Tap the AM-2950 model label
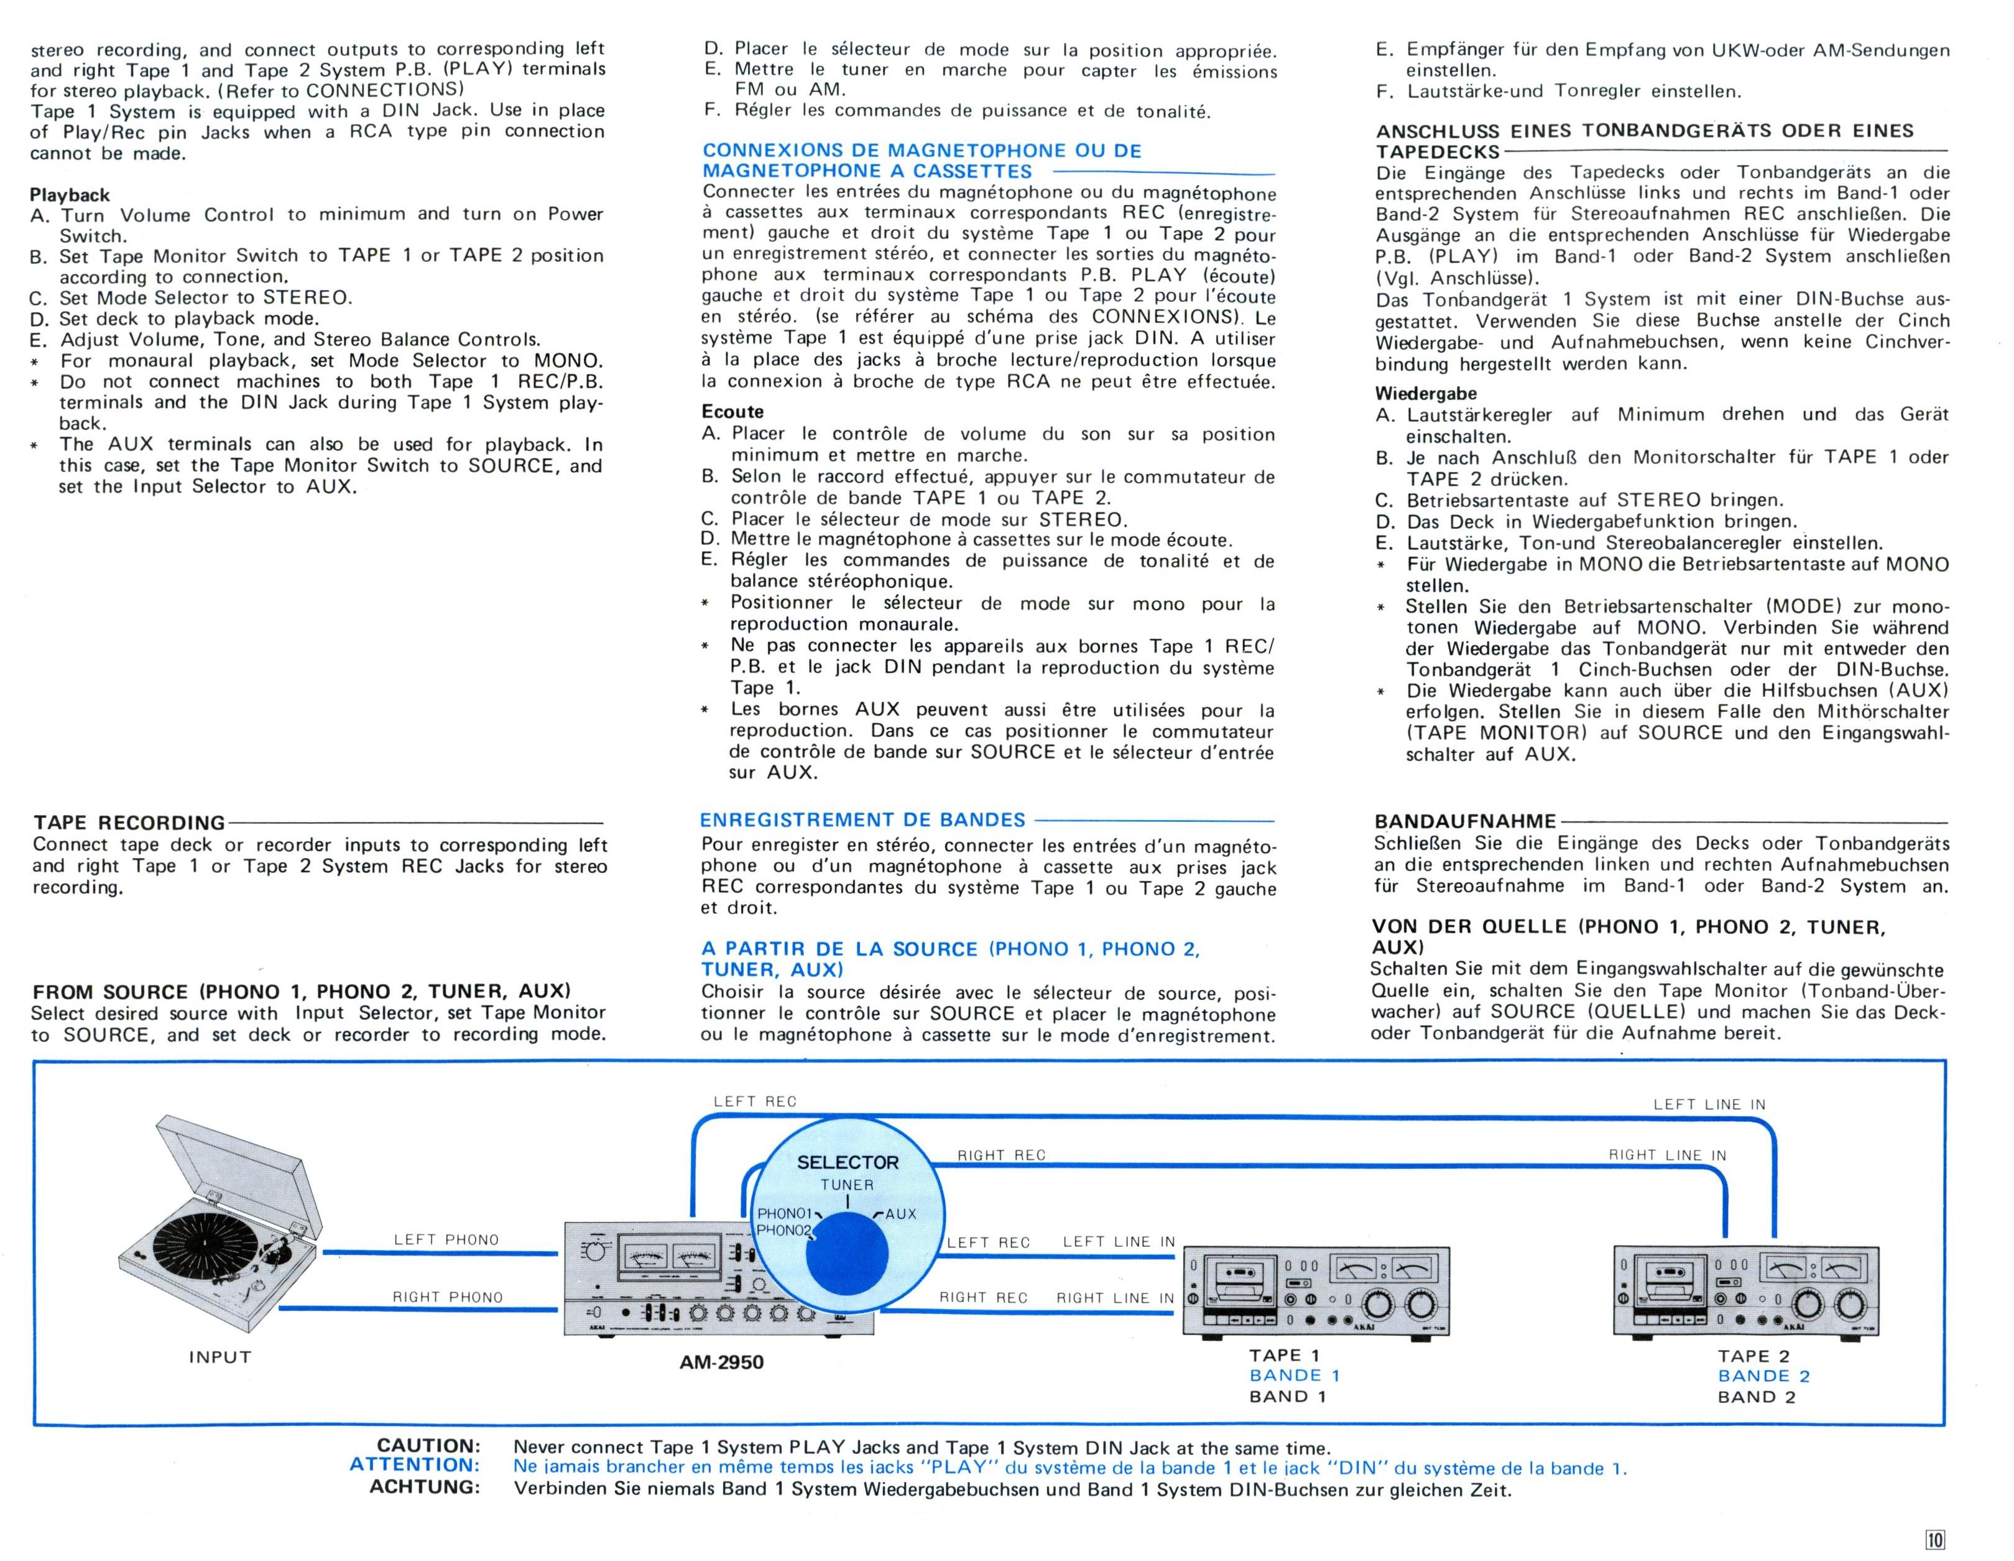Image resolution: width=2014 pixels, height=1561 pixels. [x=721, y=1363]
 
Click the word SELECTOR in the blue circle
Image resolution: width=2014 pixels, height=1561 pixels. [x=848, y=1162]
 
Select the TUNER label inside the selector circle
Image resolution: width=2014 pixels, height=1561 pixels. [x=848, y=1185]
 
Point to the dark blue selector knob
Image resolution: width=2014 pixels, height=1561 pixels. [x=846, y=1254]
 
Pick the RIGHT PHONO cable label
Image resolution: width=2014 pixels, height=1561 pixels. [x=448, y=1297]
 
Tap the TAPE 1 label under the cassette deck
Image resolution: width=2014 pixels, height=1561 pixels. [x=1285, y=1355]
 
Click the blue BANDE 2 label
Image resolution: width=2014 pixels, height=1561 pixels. [x=1763, y=1376]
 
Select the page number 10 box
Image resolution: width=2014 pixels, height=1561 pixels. [x=1934, y=1539]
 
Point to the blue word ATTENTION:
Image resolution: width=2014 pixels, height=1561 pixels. [x=415, y=1465]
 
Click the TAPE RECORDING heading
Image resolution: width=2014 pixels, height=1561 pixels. [x=129, y=822]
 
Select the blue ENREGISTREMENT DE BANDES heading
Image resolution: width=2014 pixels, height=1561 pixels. [x=862, y=820]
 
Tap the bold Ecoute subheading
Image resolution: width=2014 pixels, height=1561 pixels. [x=732, y=411]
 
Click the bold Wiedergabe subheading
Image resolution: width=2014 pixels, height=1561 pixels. [x=1426, y=393]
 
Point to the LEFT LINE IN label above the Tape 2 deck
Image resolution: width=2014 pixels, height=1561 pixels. [x=1709, y=1104]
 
